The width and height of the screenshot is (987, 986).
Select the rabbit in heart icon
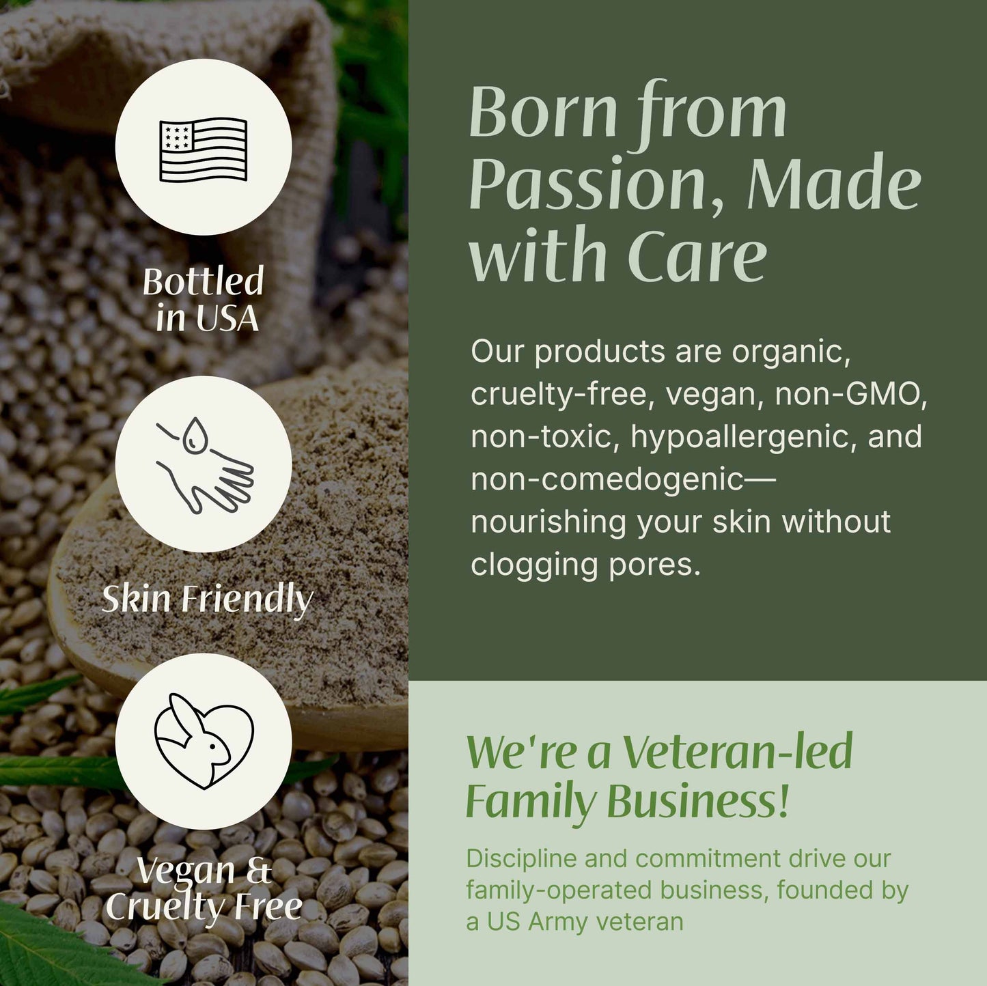coord(204,741)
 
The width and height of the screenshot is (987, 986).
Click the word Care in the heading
coord(697,255)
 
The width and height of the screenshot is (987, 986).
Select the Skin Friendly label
coord(207,600)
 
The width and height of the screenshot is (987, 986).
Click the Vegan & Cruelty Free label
coord(204,888)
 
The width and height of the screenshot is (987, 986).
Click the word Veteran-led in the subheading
coord(738,752)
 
